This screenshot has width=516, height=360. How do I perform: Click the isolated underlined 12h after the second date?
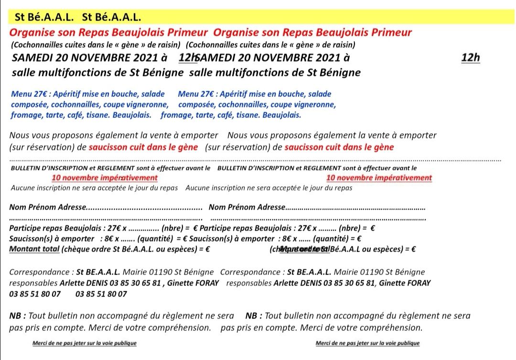click(x=471, y=58)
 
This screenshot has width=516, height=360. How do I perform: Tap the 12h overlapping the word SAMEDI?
click(x=187, y=58)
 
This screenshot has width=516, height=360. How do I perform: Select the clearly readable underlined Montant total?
click(x=34, y=249)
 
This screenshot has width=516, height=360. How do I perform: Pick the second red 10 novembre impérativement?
click(x=379, y=178)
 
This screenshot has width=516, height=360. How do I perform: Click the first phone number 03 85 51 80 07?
click(x=35, y=294)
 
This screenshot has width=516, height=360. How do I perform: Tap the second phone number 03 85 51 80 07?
click(x=101, y=294)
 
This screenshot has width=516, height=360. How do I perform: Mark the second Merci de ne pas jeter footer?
click(x=367, y=343)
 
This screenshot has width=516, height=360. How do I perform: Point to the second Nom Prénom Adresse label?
click(x=247, y=208)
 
